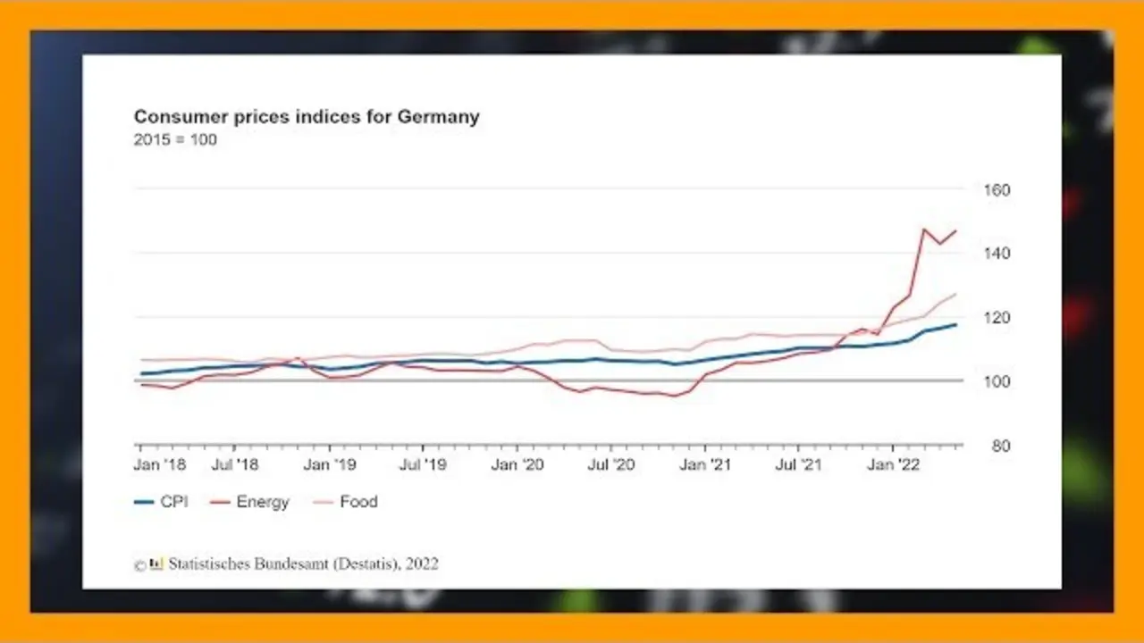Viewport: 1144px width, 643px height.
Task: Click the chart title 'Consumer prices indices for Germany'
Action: point(307,117)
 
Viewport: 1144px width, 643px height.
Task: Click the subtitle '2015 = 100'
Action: point(175,140)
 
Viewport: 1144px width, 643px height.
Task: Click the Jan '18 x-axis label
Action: point(159,464)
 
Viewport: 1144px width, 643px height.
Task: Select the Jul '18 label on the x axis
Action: point(236,464)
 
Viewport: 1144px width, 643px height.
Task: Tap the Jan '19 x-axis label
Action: point(330,464)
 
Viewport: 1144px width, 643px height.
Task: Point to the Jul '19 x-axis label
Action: point(423,464)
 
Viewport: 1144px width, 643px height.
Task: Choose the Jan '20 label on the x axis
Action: point(517,464)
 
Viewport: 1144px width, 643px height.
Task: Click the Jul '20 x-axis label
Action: point(611,464)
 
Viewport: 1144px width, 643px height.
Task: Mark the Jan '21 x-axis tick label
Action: point(705,464)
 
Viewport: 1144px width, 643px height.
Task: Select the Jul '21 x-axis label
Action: point(798,464)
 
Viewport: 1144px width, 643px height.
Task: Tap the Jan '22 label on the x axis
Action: point(893,464)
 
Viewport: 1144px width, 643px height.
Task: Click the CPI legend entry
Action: point(161,502)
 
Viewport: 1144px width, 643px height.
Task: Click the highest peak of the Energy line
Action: point(923,230)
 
